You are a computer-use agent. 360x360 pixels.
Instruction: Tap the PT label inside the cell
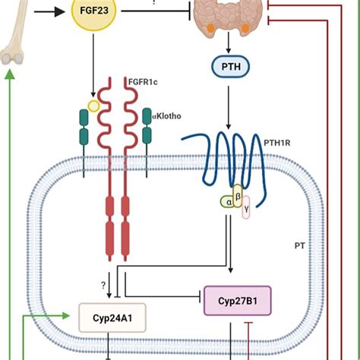coord(298,245)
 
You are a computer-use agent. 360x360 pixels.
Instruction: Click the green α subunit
coord(226,201)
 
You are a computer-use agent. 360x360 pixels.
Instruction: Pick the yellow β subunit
coord(237,194)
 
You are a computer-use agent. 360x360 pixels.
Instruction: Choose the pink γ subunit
coord(245,210)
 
